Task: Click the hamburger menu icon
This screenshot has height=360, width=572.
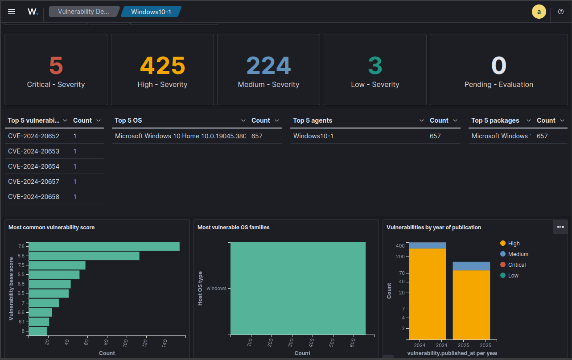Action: tap(12, 12)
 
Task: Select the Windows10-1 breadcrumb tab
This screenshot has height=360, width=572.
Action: tap(151, 12)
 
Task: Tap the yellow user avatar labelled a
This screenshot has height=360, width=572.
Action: tap(539, 12)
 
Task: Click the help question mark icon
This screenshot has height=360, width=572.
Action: tap(561, 12)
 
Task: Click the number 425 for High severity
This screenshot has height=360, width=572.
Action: tap(162, 66)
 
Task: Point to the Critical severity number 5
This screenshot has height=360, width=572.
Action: tap(56, 66)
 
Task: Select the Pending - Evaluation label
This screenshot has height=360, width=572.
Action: tap(499, 85)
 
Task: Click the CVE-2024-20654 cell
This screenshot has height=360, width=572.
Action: tap(33, 166)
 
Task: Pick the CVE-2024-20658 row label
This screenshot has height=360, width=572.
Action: tap(33, 197)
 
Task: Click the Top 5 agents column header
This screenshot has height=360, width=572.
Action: tap(313, 120)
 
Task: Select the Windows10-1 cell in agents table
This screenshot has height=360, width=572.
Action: tap(313, 136)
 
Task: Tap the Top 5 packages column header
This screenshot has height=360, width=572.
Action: tap(495, 120)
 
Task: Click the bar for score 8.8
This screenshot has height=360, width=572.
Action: tap(84, 256)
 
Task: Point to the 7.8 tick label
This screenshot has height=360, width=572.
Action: tap(21, 246)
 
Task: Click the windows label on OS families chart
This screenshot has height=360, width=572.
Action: tap(216, 288)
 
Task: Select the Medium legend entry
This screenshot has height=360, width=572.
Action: tap(514, 254)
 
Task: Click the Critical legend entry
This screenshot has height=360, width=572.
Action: tap(513, 265)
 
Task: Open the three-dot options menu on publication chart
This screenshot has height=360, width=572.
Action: tap(560, 227)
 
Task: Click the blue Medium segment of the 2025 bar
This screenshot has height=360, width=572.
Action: tap(471, 266)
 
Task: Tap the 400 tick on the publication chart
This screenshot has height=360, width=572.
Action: tap(400, 246)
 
